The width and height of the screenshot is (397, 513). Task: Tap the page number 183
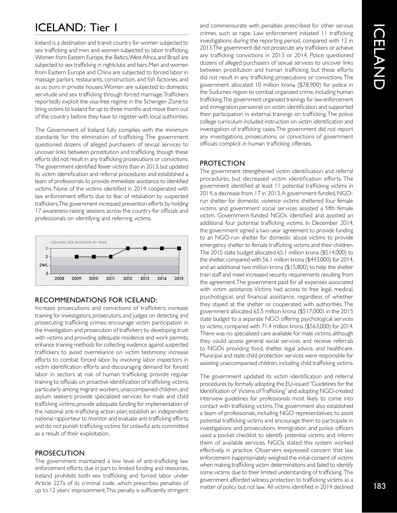pyautogui.click(x=379, y=486)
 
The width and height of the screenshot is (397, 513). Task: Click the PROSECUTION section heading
pyautogui.click(x=59, y=453)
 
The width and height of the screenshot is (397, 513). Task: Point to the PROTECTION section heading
pyautogui.click(x=222, y=163)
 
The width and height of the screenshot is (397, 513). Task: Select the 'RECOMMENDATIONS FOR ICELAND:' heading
pyautogui.click(x=96, y=300)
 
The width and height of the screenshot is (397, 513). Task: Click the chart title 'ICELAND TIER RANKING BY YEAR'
pyautogui.click(x=79, y=242)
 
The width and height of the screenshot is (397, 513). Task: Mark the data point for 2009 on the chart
pyautogui.click(x=76, y=256)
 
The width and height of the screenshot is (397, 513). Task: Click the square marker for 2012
pyautogui.click(x=128, y=248)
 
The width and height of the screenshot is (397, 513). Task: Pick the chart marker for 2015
pyautogui.click(x=179, y=248)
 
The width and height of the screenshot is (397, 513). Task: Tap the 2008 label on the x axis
pyautogui.click(x=59, y=278)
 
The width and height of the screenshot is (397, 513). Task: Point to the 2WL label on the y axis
pyautogui.click(x=43, y=265)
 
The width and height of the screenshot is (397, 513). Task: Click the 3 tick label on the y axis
pyautogui.click(x=46, y=273)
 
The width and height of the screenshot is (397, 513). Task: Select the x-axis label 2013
pyautogui.click(x=145, y=278)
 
